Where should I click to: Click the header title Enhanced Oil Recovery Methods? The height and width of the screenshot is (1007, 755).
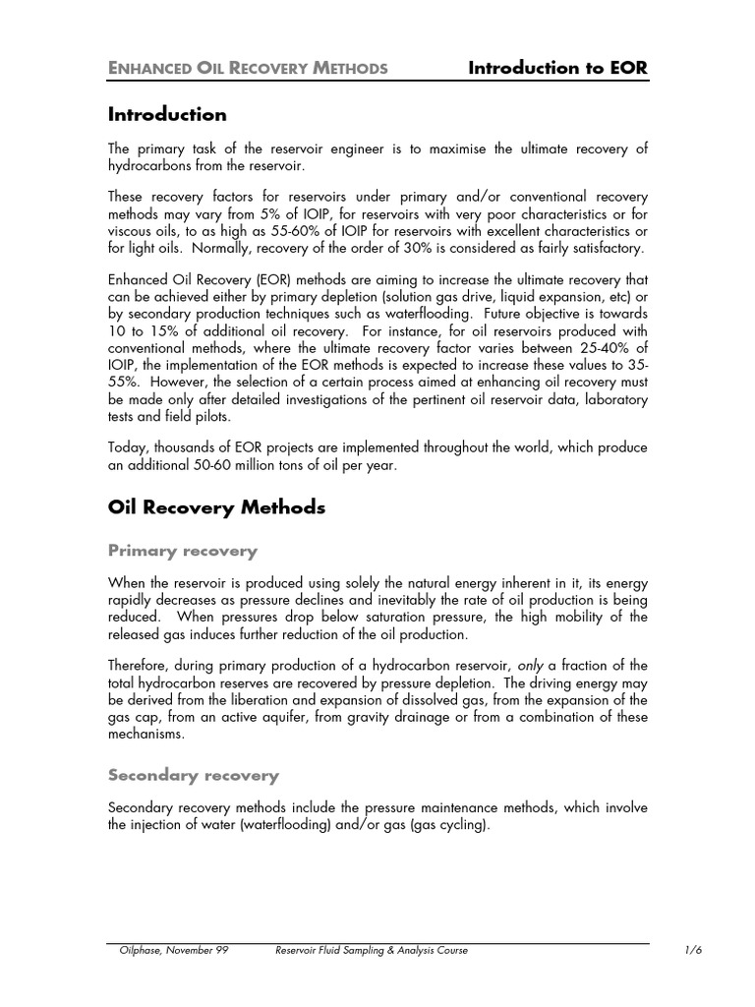(x=248, y=68)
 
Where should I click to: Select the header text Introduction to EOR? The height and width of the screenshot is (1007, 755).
(x=557, y=67)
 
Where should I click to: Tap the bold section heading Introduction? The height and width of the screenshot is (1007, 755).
(x=166, y=114)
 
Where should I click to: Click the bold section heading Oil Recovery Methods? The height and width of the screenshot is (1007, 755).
(x=215, y=507)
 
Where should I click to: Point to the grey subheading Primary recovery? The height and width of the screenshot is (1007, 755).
(x=182, y=551)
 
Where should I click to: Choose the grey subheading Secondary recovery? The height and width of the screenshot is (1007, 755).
(x=193, y=775)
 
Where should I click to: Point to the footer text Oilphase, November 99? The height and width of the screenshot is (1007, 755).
(x=169, y=950)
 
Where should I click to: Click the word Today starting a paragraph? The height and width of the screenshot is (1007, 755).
(x=129, y=447)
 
